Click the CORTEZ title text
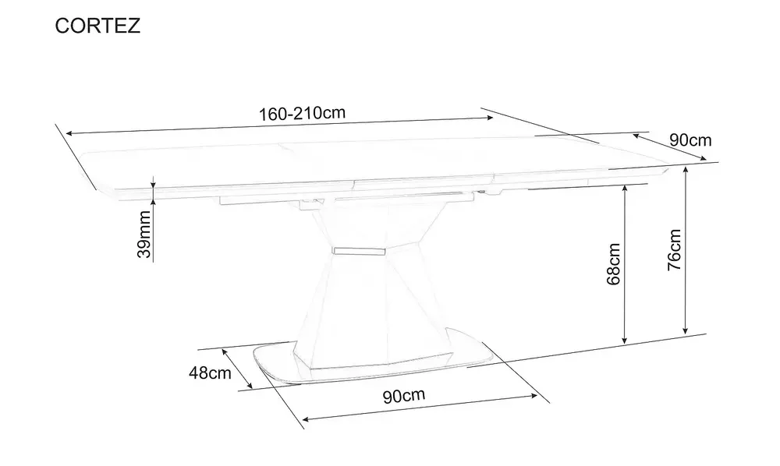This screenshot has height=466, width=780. [x=97, y=26]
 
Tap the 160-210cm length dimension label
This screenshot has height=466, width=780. [x=302, y=113]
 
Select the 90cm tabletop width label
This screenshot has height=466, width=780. [x=690, y=140]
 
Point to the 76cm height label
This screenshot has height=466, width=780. [x=674, y=250]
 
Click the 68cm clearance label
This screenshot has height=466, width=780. [x=613, y=264]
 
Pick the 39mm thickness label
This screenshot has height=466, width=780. [x=144, y=235]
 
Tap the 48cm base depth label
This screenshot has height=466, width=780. [x=210, y=372]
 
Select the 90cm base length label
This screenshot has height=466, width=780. [x=404, y=395]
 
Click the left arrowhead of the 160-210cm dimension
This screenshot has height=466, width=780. [x=69, y=133]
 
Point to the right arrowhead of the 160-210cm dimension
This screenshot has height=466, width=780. [x=490, y=118]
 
